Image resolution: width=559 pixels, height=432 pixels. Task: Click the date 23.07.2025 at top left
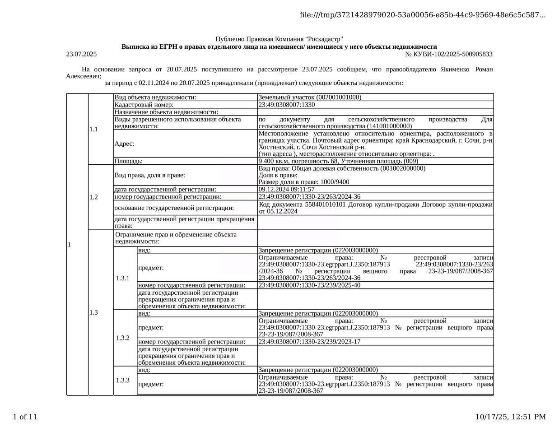(x=81, y=54)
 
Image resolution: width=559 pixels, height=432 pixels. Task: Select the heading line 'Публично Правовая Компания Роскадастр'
(x=279, y=39)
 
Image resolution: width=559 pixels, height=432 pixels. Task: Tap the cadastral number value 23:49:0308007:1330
(x=287, y=105)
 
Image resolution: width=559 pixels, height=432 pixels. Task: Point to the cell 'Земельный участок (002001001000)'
(x=310, y=97)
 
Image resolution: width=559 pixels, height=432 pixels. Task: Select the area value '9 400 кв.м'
(x=273, y=161)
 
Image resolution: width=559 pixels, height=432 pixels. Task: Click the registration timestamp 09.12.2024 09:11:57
(x=287, y=189)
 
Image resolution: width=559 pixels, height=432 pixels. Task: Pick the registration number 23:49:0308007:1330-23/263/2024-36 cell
(x=309, y=197)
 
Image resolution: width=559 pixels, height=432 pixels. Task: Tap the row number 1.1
(x=93, y=129)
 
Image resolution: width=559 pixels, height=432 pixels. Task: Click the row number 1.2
(x=93, y=197)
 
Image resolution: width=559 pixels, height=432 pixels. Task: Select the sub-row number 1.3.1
(x=123, y=278)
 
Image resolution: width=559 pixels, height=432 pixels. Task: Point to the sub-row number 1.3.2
(x=123, y=338)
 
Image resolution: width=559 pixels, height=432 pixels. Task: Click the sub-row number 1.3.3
(x=123, y=380)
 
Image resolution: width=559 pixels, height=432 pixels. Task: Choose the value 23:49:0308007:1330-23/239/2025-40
(x=309, y=285)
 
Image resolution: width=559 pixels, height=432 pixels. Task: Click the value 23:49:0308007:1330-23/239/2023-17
(x=309, y=342)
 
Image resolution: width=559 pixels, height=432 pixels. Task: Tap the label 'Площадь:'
(x=128, y=161)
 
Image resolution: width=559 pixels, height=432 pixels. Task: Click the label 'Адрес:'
(x=124, y=144)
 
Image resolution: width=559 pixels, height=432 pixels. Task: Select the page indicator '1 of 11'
(x=25, y=417)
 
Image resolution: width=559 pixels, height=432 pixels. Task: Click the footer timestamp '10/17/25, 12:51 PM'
(x=511, y=417)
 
